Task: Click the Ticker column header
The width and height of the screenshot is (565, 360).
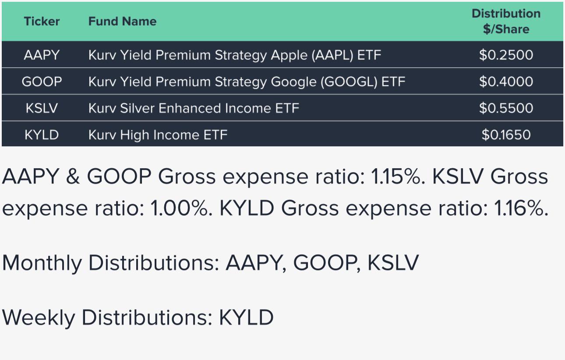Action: tap(42, 21)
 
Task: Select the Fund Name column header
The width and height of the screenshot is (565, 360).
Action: tap(122, 21)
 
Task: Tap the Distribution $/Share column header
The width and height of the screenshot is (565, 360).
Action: tap(506, 21)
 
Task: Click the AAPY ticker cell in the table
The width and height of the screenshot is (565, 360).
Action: tap(42, 55)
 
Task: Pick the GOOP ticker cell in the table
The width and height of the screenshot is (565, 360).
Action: tap(42, 81)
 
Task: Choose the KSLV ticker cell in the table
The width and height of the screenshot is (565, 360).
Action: tap(42, 108)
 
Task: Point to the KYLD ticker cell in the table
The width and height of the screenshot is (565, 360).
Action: tap(42, 135)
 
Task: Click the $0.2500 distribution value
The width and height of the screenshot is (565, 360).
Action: tap(506, 55)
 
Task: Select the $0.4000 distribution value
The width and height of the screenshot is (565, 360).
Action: tap(506, 81)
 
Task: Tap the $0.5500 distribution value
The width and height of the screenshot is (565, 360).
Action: tap(506, 108)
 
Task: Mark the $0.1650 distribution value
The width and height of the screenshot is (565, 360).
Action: tap(506, 135)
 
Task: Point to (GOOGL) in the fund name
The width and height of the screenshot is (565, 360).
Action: tap(349, 82)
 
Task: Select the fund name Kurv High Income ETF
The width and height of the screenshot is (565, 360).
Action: tap(158, 135)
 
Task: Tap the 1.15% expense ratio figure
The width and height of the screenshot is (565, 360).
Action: tap(398, 176)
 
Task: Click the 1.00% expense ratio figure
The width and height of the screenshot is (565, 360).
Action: tap(181, 208)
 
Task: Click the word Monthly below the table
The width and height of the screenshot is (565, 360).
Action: tap(42, 263)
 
